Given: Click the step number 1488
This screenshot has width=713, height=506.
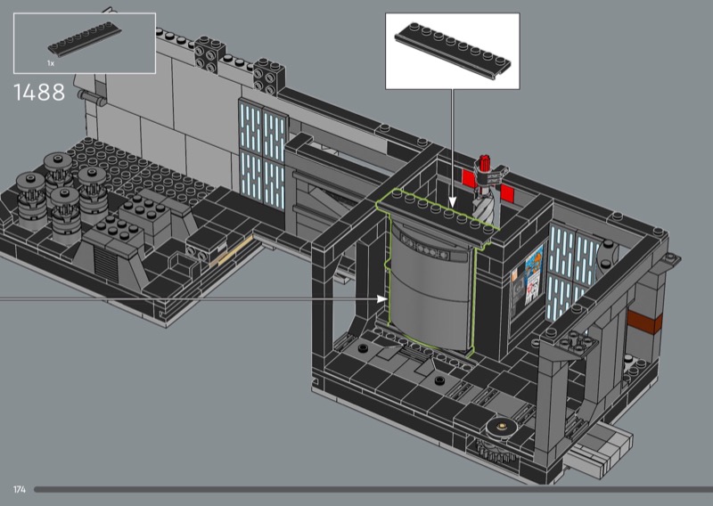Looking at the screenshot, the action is (39, 93).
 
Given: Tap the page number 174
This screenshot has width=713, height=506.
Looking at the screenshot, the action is (20, 490).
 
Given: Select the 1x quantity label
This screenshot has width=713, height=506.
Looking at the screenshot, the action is (51, 63).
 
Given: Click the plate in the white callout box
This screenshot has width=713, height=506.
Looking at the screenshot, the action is (453, 51).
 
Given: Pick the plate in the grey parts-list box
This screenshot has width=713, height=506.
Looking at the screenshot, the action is (85, 39).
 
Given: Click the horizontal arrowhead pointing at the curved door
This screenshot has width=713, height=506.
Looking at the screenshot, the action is (382, 298).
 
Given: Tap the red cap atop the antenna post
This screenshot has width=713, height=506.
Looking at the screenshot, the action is (483, 162).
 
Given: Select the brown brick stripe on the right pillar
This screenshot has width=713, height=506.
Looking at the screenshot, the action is (644, 322).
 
